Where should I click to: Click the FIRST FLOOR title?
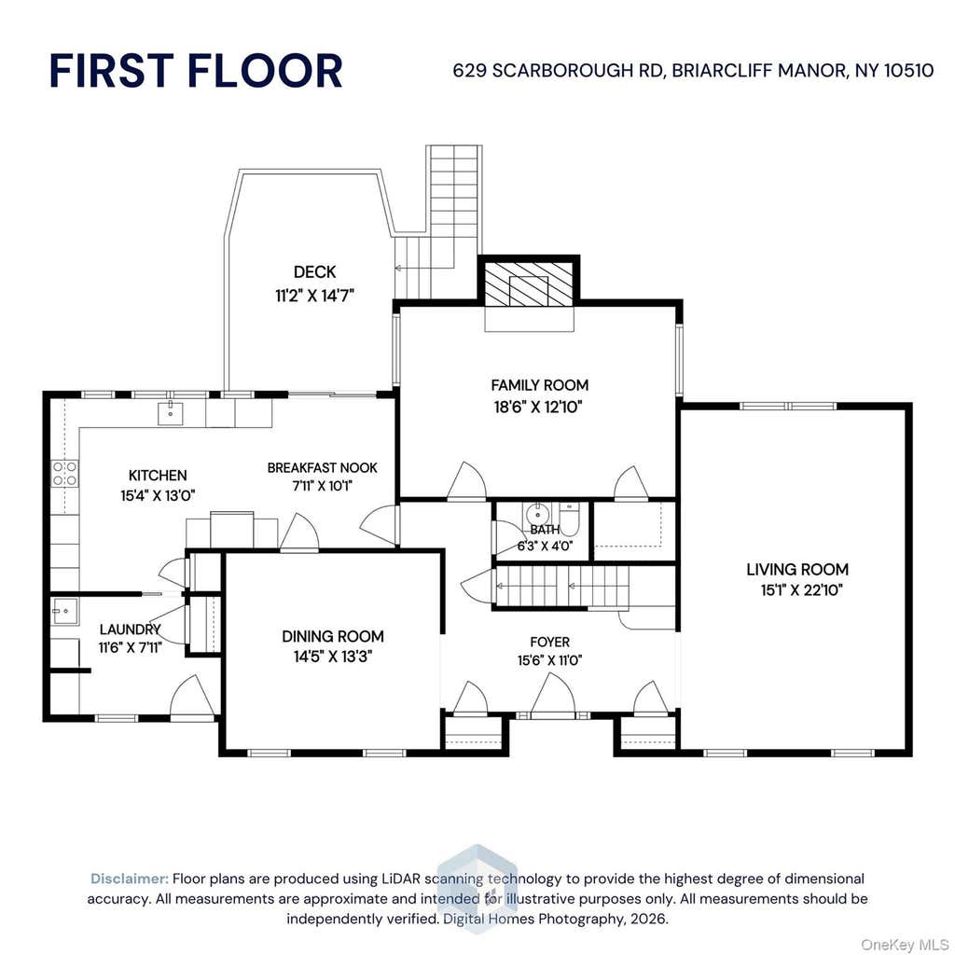click(x=196, y=71)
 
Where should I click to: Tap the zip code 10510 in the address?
click(x=908, y=71)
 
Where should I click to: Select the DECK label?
click(x=314, y=271)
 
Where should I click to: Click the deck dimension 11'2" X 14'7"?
click(x=314, y=296)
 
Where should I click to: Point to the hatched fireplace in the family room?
click(x=529, y=284)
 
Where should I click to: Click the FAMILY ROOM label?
click(x=540, y=385)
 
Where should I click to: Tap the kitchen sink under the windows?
click(x=172, y=413)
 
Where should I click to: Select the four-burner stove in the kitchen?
click(x=64, y=473)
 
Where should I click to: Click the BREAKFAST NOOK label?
click(x=322, y=468)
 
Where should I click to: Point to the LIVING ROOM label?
click(x=797, y=570)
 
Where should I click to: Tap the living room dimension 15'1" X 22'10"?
click(x=801, y=590)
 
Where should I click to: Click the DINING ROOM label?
click(x=333, y=636)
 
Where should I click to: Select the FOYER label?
click(x=550, y=642)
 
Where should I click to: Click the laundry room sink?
click(x=64, y=611)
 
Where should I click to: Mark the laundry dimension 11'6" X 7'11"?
click(x=131, y=647)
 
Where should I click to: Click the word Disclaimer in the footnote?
click(x=129, y=879)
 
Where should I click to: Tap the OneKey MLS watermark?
click(x=905, y=945)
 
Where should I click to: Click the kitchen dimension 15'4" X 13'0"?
click(x=158, y=496)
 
